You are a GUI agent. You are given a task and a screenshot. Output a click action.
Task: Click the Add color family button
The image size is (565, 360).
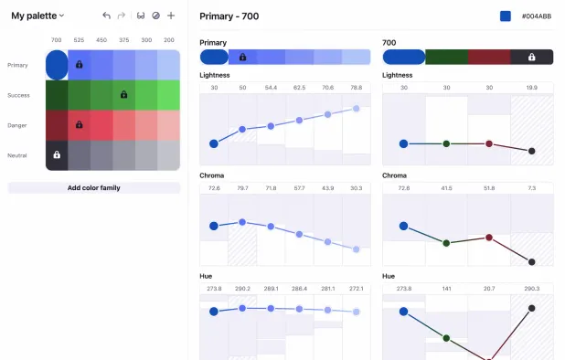click(x=94, y=187)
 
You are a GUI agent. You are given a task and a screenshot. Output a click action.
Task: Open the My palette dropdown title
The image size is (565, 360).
click(x=37, y=16)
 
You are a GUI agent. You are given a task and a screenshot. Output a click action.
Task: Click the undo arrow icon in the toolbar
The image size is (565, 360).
click(x=107, y=16)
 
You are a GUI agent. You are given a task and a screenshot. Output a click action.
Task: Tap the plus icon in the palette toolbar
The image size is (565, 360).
click(x=171, y=16)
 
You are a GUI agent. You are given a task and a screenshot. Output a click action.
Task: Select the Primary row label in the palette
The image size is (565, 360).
click(x=17, y=65)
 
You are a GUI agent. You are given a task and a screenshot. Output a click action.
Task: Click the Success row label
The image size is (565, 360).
click(x=17, y=95)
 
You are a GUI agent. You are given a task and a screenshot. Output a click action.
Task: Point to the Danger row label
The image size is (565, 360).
click(x=17, y=125)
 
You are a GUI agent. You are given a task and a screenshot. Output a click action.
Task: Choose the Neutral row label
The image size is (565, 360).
click(x=17, y=155)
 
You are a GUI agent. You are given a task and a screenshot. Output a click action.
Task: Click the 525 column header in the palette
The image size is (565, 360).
click(x=79, y=40)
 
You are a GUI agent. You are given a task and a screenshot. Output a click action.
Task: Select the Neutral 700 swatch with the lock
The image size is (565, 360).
click(x=57, y=155)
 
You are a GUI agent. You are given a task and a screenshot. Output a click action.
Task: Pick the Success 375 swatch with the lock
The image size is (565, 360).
click(x=123, y=95)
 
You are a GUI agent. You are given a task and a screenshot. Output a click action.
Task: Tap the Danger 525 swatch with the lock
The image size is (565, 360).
click(x=79, y=125)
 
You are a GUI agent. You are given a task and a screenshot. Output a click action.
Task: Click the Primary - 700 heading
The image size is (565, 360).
click(x=229, y=16)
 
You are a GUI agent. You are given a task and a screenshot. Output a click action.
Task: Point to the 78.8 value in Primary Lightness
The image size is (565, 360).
click(x=356, y=88)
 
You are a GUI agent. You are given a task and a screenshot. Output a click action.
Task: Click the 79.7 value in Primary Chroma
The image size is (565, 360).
click(x=242, y=187)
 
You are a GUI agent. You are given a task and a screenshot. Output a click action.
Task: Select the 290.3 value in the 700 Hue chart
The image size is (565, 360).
click(x=532, y=288)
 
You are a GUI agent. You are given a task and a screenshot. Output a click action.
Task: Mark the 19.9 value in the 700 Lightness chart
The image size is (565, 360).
click(x=532, y=88)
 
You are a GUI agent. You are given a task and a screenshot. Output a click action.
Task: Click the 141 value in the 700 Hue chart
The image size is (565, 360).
click(x=446, y=288)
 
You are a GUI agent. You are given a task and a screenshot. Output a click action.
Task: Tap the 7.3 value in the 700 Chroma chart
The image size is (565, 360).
click(x=532, y=187)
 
